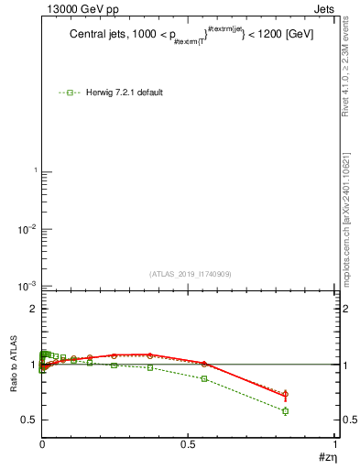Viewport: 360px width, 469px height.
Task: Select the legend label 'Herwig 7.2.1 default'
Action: pos(125,93)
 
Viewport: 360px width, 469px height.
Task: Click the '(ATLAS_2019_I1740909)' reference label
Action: pos(190,274)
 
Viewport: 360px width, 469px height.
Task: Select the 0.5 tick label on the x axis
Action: pos(188,445)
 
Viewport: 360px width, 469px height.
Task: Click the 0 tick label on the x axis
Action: pos(42,445)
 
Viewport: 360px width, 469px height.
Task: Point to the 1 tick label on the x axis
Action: pos(335,445)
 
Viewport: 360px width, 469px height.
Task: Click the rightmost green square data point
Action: pos(286,410)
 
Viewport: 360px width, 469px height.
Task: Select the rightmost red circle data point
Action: pos(286,395)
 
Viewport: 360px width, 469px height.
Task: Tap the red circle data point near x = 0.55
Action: pos(204,364)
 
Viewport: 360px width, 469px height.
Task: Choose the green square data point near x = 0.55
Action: pos(204,378)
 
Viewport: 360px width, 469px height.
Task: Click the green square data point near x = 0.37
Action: pos(149,367)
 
